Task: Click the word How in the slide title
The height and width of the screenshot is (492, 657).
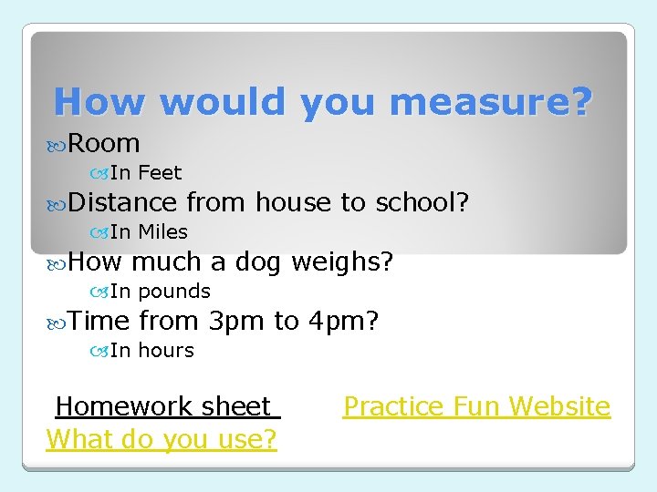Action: coord(99,101)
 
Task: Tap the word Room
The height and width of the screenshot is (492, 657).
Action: coord(104,143)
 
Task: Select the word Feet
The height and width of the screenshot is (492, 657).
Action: coord(160,172)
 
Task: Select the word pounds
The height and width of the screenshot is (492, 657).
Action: coord(174,292)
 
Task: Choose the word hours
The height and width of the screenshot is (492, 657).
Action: coord(166,350)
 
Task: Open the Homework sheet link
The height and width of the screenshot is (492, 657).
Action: coord(164,406)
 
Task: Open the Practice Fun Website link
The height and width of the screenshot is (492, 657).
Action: coord(476,406)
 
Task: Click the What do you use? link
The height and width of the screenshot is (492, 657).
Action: coord(162,439)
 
